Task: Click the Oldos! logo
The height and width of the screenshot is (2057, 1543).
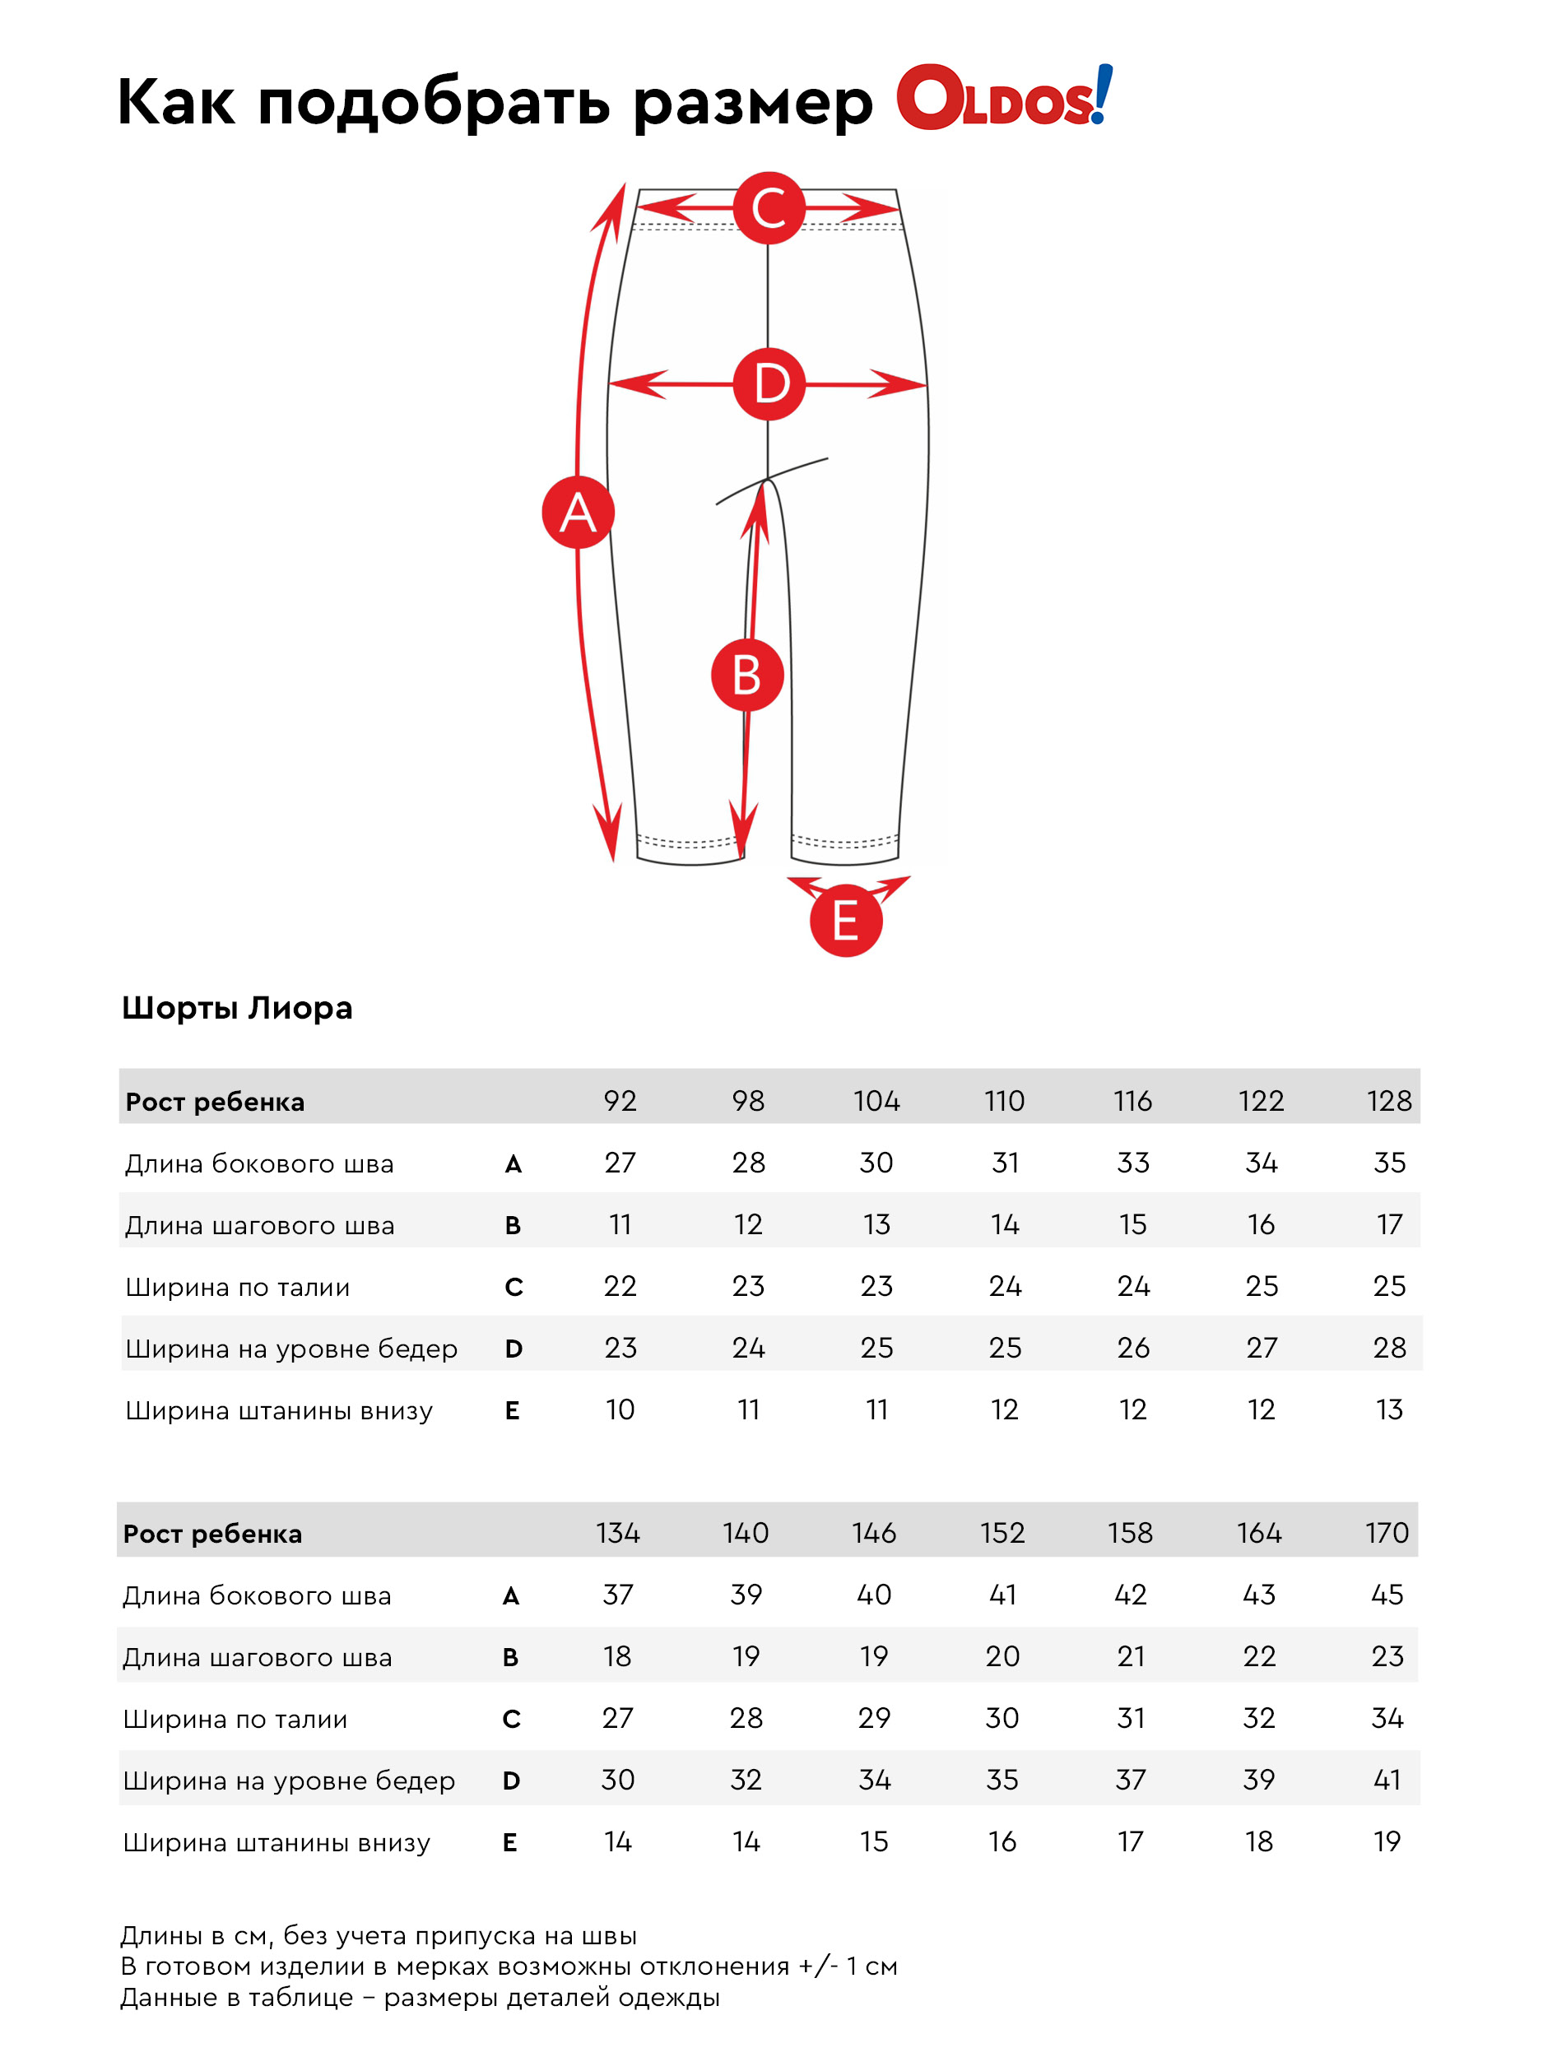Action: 1005,97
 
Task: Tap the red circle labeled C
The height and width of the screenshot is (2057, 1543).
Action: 769,208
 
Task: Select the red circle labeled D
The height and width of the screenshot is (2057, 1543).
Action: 769,384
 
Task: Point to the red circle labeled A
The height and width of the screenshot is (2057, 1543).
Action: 578,513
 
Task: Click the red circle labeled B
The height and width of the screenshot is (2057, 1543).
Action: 747,676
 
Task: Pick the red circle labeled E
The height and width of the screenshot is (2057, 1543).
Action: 845,921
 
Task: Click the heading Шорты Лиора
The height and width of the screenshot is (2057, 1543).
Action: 237,1009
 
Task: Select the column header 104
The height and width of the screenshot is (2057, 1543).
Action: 876,1101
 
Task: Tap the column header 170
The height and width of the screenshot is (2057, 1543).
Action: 1387,1533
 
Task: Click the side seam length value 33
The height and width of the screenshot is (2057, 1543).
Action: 1133,1163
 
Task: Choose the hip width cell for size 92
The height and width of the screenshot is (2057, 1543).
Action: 620,1348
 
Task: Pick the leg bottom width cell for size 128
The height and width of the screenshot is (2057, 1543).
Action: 1390,1409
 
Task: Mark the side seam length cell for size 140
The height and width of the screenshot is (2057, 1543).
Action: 746,1595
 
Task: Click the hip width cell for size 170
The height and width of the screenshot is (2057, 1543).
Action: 1387,1780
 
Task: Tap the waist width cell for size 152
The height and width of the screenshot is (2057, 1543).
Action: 1002,1717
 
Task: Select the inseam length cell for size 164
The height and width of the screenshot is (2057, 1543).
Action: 1259,1656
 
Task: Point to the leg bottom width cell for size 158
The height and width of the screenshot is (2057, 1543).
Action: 1130,1841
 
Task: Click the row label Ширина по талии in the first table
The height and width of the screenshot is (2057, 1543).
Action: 238,1287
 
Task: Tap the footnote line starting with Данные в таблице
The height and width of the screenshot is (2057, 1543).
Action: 421,1997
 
